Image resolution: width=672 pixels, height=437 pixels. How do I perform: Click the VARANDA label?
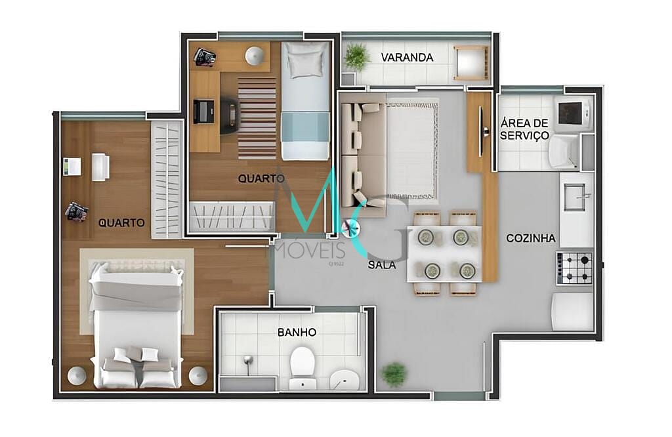(x=407, y=58)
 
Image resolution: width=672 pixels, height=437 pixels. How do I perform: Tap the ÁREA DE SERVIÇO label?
(x=524, y=129)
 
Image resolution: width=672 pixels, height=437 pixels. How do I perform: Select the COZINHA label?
(x=531, y=238)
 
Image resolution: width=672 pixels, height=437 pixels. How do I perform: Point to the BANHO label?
(x=297, y=333)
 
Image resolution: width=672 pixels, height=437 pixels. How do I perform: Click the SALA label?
(x=381, y=266)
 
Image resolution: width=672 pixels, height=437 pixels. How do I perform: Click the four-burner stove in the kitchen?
(x=575, y=268)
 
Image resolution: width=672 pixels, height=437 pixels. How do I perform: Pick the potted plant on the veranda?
(x=357, y=56)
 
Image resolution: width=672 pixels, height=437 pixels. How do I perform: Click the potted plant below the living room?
(x=394, y=373)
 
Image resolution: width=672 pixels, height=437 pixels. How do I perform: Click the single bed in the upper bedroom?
(x=305, y=100)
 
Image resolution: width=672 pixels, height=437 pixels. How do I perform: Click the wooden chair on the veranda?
(x=471, y=63)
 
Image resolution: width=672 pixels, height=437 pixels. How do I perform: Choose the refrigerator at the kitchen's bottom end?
(x=572, y=312)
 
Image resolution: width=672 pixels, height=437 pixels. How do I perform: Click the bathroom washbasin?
(x=343, y=379)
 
